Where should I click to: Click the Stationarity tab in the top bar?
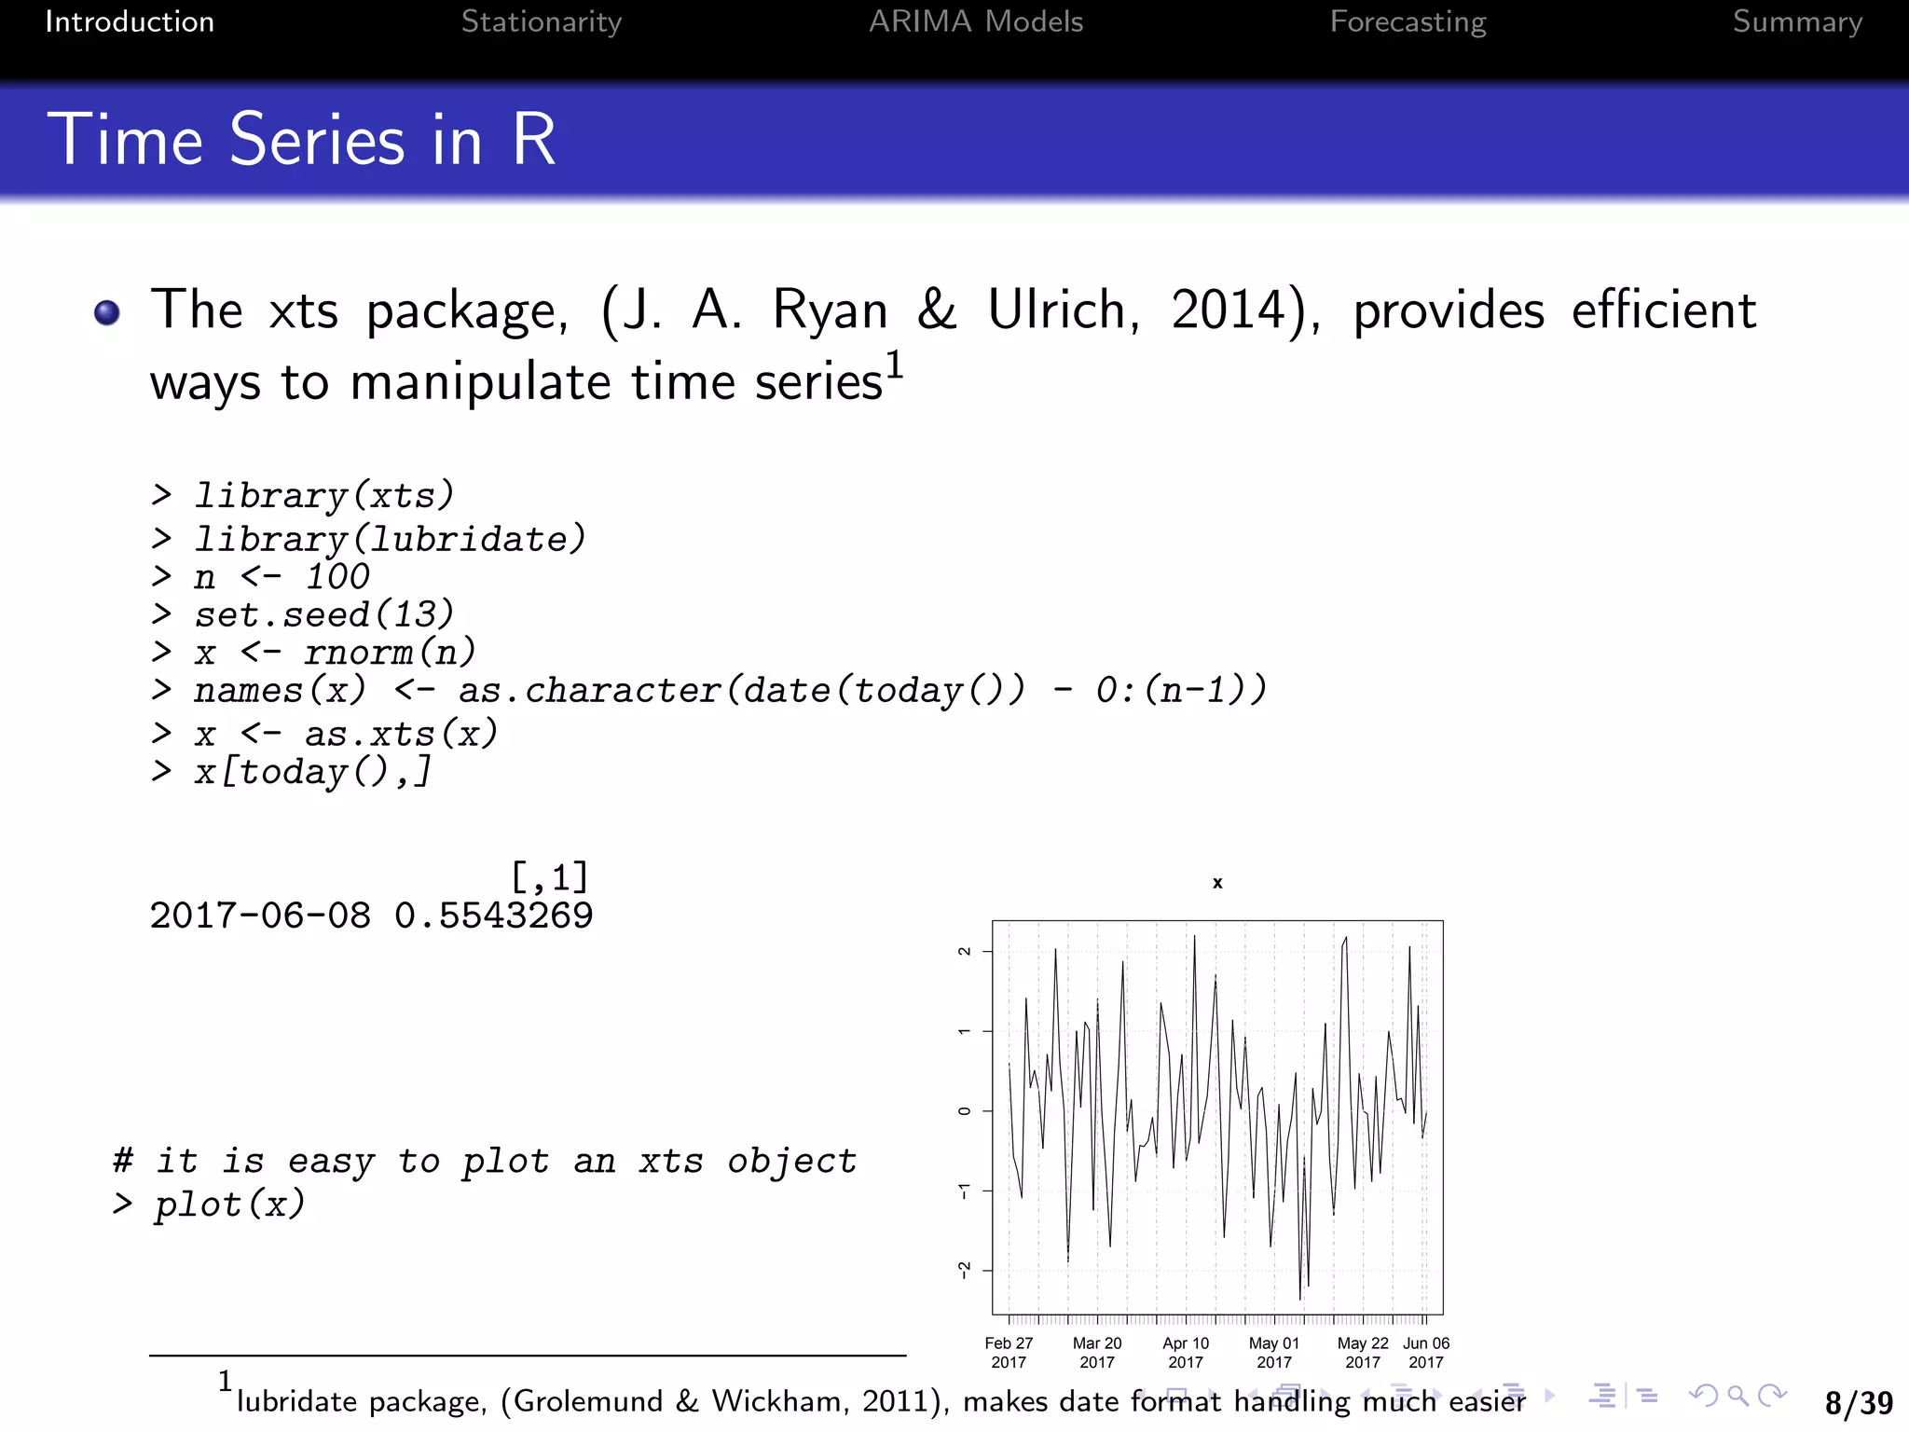click(541, 21)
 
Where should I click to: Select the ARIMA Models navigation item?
click(975, 21)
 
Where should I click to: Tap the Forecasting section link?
click(1408, 21)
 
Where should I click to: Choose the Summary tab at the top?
click(1796, 21)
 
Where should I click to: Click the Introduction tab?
click(130, 21)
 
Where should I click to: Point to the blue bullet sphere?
click(107, 312)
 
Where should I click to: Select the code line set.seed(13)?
click(323, 614)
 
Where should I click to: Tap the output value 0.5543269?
click(493, 916)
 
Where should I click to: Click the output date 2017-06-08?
click(260, 916)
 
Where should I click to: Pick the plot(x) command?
click(229, 1205)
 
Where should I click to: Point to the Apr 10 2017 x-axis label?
click(1186, 1353)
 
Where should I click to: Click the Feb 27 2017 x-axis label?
click(1009, 1353)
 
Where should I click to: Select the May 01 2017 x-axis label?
click(1274, 1353)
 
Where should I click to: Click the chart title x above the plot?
click(1217, 883)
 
